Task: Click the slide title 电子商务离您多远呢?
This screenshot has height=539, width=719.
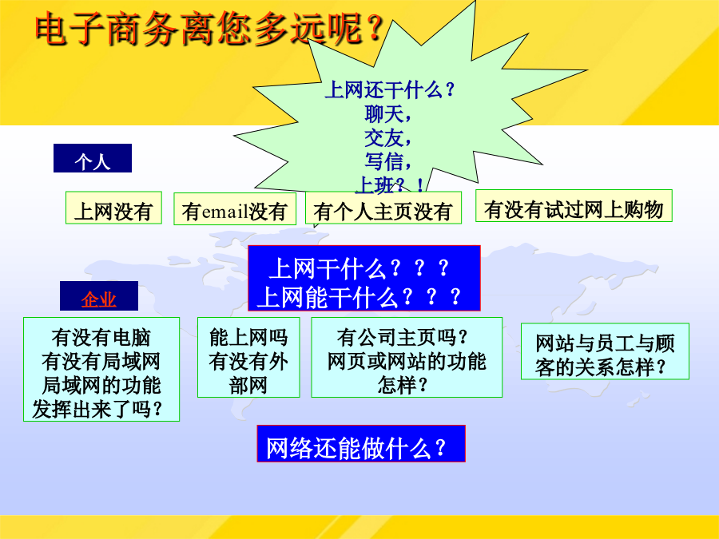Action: coord(209,29)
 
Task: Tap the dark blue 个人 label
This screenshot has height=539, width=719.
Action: coord(93,158)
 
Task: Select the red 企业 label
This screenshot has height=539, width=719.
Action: coord(98,295)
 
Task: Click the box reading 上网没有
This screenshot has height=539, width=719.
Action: coord(113,208)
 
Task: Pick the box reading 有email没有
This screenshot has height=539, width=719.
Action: coord(235,208)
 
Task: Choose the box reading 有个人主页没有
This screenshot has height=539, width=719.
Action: coord(383,208)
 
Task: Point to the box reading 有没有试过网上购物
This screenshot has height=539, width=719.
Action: coord(574,206)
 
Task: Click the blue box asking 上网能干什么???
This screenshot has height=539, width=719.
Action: coord(364,278)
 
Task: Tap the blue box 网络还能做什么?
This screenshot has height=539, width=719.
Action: coord(361,444)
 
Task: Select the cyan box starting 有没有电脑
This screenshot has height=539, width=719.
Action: coord(101,370)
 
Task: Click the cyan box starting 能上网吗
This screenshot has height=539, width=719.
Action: coord(248,358)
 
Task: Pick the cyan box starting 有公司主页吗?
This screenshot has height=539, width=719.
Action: coord(407,358)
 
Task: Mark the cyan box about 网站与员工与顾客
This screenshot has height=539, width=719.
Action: coord(605,351)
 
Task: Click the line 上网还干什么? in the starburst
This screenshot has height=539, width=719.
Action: coord(390,89)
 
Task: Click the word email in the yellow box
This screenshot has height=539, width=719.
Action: coord(224,212)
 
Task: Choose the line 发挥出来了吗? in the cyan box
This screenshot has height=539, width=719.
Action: coord(97,410)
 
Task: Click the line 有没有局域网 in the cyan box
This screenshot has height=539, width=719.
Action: coord(101,362)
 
